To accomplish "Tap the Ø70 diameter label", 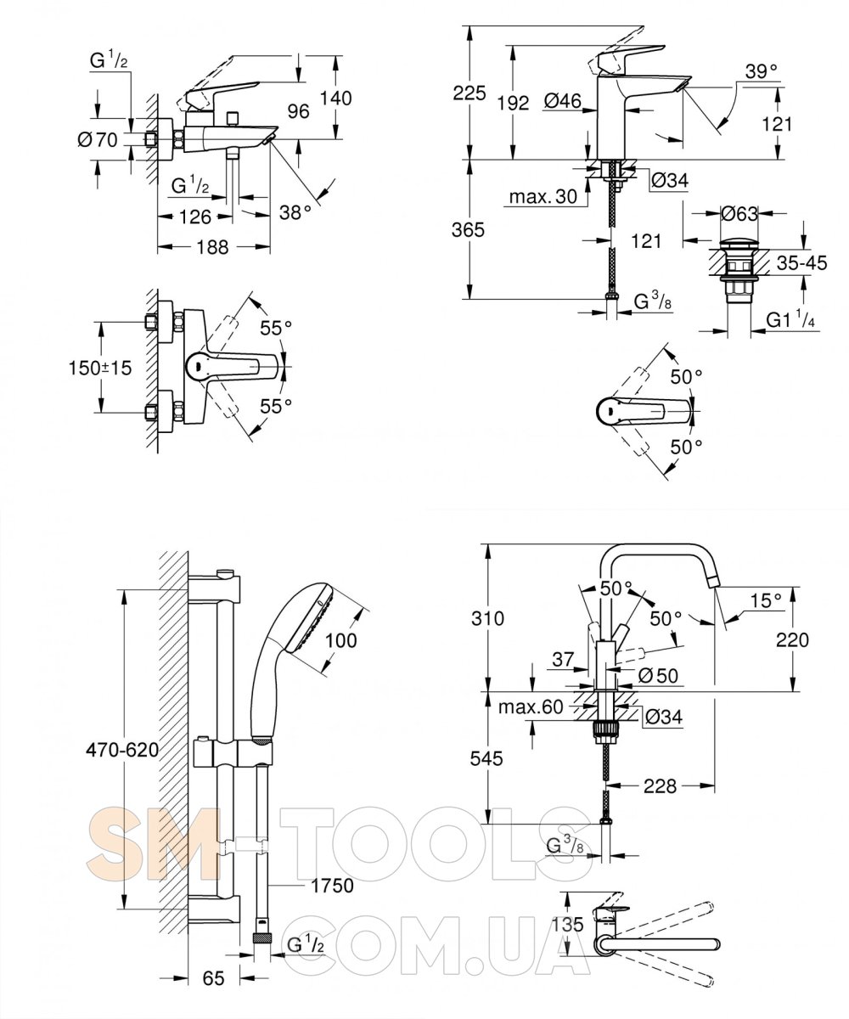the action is click(x=98, y=140).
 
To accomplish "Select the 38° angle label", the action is click(x=295, y=212).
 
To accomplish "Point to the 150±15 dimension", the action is click(x=100, y=367).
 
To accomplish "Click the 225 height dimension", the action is click(x=469, y=93).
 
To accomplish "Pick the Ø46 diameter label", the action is click(x=563, y=101).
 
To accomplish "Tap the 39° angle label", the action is click(x=762, y=71).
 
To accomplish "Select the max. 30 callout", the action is click(x=543, y=197).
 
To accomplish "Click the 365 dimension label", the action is click(x=469, y=229).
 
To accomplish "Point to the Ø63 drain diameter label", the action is click(x=739, y=214).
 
